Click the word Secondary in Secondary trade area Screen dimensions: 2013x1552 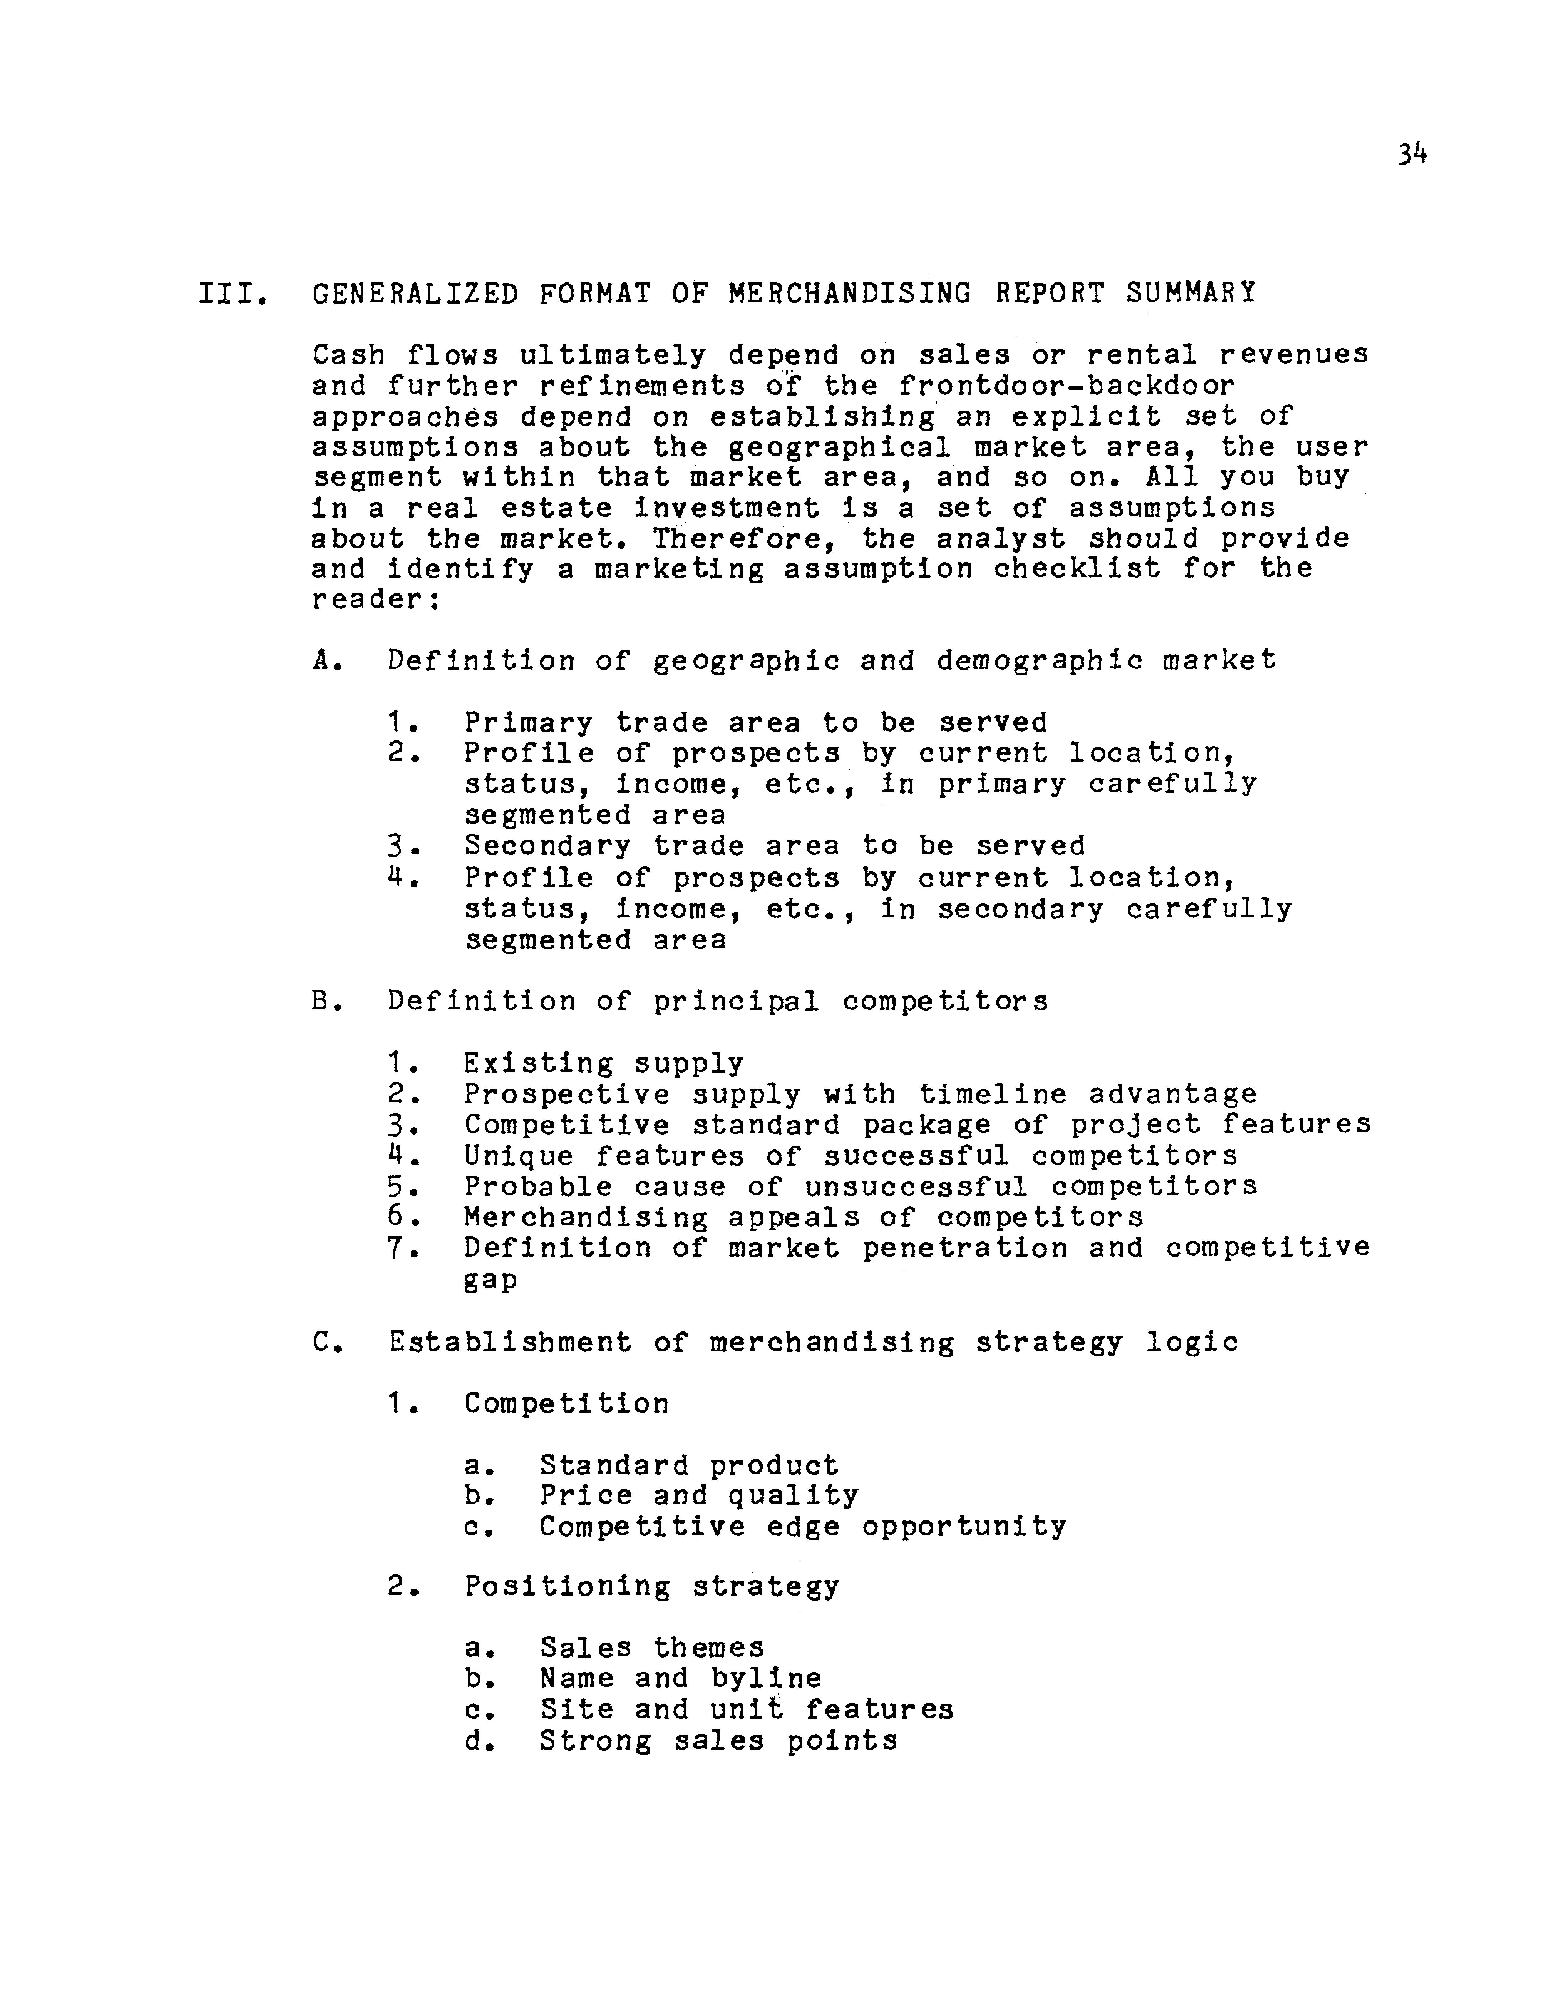(548, 846)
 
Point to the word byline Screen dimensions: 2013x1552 (765, 1679)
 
